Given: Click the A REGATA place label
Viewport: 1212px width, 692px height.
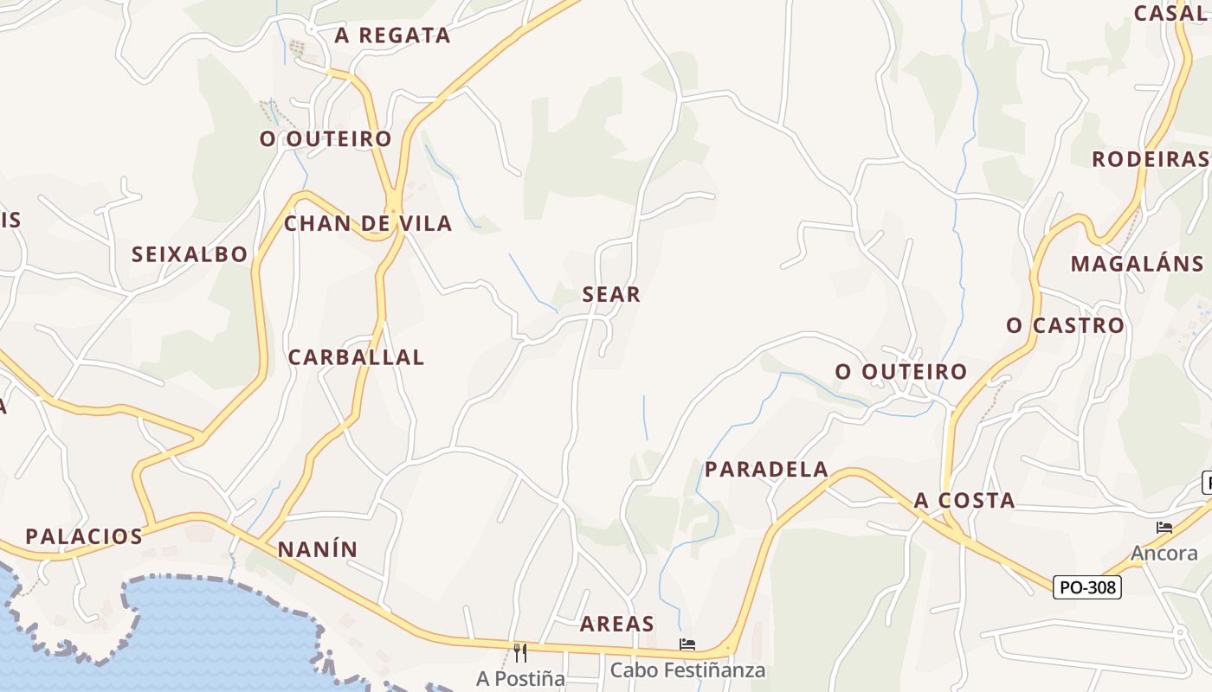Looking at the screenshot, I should pos(393,35).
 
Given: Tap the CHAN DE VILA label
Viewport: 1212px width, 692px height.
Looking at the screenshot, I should pos(368,224).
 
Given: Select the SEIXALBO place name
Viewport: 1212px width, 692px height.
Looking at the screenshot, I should pos(190,254).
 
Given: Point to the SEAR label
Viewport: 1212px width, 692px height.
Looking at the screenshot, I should pos(611,295).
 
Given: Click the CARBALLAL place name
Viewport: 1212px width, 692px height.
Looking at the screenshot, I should pos(356,357).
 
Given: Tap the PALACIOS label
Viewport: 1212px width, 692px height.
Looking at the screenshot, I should pos(84,536).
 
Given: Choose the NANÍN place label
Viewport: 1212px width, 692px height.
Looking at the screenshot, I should pos(318,550).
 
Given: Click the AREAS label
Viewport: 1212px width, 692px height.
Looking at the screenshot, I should pos(617,625).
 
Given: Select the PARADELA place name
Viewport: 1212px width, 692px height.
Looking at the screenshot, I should pos(767,470).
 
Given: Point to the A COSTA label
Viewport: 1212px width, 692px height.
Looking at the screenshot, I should pos(964,501).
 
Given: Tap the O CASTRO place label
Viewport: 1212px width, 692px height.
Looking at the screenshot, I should pos(1065,326).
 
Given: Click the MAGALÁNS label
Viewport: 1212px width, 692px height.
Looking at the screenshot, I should pos(1137,264).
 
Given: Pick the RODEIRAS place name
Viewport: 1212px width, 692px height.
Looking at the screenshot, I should pos(1150,159).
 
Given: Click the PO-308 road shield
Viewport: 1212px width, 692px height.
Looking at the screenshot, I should pos(1088,587).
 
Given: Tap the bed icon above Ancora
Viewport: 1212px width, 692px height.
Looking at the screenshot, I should pos(1164,528).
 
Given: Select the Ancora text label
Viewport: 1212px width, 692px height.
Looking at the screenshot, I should pos(1164,554).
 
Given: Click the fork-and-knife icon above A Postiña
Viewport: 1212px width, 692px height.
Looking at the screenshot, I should pos(520,652).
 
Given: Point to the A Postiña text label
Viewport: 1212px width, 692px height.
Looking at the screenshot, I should pos(520,679).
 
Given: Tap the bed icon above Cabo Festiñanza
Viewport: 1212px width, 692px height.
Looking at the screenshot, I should pos(687,644).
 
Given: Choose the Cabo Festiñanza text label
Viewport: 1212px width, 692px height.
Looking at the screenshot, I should pos(687,670).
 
